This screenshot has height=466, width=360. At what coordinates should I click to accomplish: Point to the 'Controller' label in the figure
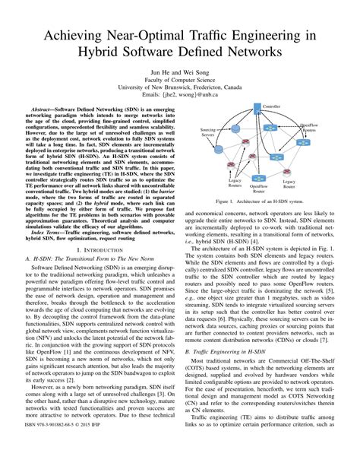tap(271, 106)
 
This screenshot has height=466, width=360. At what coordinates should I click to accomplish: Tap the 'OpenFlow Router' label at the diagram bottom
tap(258, 188)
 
